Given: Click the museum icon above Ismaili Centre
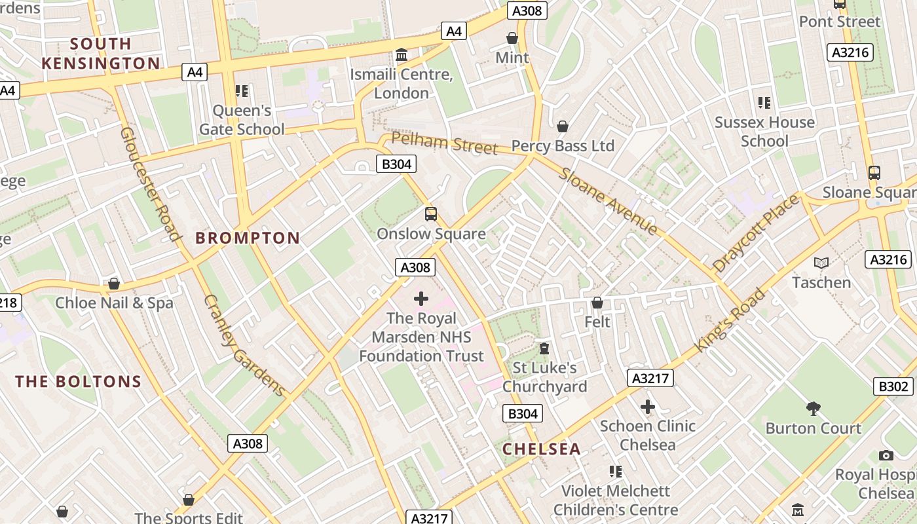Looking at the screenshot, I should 402,54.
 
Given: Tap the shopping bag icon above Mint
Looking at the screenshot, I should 512,38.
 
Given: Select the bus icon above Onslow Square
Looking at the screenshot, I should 430,214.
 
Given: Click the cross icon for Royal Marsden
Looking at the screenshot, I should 421,299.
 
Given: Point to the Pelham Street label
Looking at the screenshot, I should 444,143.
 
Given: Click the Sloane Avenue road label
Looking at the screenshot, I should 607,200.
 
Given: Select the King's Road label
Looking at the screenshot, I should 730,320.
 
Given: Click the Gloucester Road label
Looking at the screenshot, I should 150,183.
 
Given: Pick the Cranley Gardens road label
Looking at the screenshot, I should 245,346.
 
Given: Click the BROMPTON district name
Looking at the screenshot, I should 248,238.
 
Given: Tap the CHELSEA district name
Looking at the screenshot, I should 541,449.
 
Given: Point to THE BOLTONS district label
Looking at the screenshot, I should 78,381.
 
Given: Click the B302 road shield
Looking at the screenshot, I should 893,386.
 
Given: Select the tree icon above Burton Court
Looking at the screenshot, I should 813,409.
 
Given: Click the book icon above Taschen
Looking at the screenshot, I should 821,263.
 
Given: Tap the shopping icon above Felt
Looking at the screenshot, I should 597,303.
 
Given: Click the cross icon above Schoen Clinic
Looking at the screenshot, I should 647,407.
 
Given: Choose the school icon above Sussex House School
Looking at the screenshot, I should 764,103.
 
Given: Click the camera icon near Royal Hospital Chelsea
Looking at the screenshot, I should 886,455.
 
